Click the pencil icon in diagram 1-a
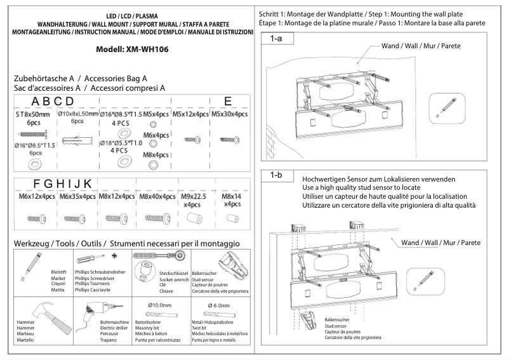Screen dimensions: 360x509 pyautogui.click(x=440, y=104)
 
